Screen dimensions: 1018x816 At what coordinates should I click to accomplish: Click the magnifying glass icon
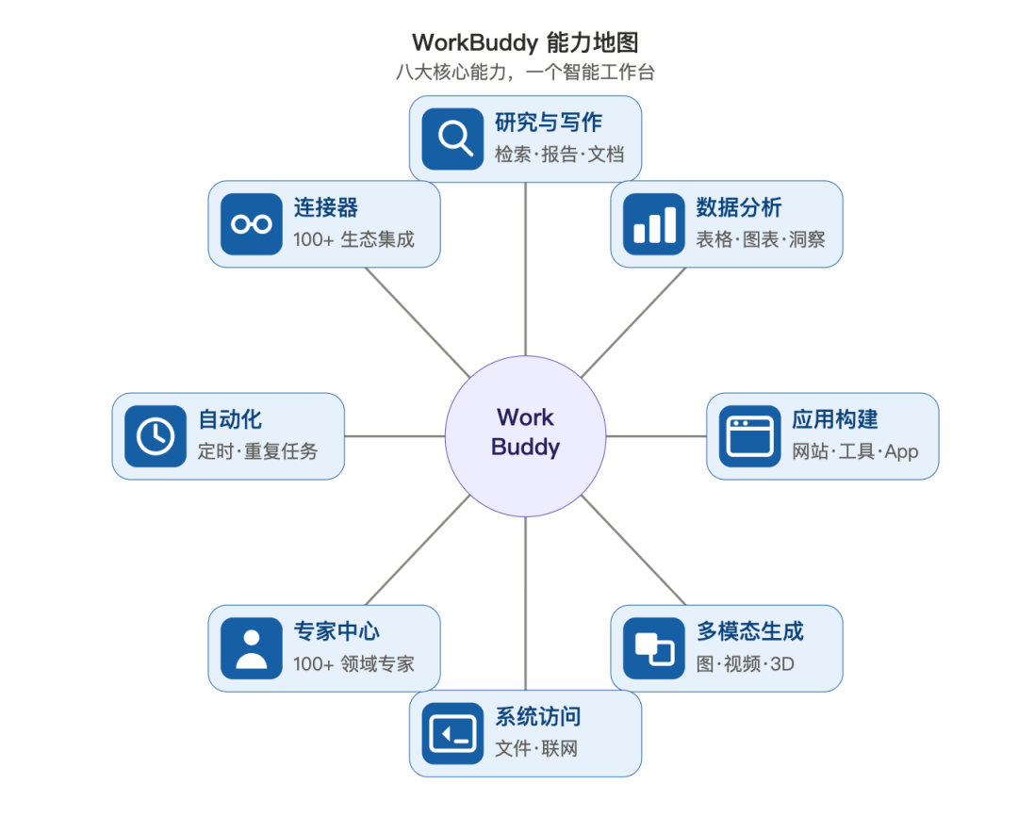(452, 139)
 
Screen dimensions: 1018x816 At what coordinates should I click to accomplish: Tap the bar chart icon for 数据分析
(654, 224)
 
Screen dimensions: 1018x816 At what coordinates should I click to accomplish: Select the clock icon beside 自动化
(156, 436)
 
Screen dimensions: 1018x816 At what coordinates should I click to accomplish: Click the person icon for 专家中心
(252, 648)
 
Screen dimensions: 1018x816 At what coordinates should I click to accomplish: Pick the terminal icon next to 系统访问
(452, 734)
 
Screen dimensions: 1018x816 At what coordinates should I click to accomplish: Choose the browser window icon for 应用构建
(750, 436)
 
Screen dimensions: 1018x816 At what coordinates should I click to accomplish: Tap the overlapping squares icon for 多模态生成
(654, 648)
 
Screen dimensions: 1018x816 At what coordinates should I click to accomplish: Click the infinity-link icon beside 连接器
(252, 224)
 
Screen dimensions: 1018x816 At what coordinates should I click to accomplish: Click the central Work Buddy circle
(525, 436)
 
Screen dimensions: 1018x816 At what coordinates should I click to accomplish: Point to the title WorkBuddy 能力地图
(525, 42)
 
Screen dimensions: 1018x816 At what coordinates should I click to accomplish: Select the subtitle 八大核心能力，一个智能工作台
(525, 72)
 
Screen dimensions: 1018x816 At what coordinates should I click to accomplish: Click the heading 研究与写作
(549, 122)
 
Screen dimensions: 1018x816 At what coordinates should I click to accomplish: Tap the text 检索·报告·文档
(560, 155)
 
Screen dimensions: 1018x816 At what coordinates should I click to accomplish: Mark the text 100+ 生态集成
(353, 239)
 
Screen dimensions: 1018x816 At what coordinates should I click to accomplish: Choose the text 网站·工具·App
(855, 452)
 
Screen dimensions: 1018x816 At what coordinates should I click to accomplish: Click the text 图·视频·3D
(746, 664)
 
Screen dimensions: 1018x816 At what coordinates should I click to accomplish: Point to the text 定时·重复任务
(257, 451)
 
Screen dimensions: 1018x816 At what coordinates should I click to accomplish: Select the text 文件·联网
(536, 748)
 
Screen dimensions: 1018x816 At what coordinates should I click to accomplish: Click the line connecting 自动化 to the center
(395, 436)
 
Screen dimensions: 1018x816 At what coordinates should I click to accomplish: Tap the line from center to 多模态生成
(633, 550)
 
